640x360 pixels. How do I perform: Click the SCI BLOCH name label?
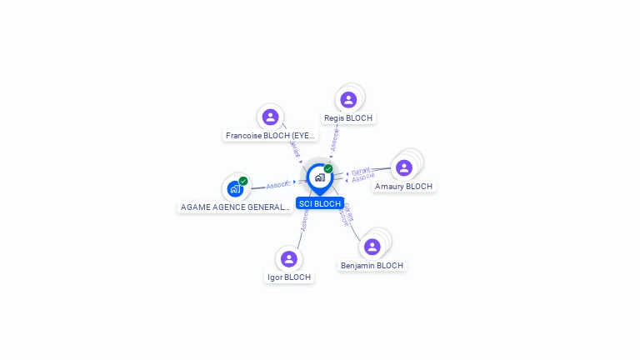(x=320, y=203)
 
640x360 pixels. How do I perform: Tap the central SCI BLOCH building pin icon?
(x=319, y=177)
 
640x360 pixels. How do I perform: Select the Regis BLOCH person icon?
(x=348, y=100)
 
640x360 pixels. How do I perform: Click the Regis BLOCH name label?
(x=348, y=118)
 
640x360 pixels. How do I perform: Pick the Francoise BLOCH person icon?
(x=269, y=117)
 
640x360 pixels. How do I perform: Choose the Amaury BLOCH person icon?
(x=404, y=167)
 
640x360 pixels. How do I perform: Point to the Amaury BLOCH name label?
(x=404, y=187)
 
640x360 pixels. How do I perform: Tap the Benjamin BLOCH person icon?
(x=372, y=247)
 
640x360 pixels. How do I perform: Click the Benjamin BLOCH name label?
(x=372, y=266)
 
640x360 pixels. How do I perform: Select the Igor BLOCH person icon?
(x=288, y=258)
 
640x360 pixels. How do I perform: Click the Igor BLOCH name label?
(x=290, y=277)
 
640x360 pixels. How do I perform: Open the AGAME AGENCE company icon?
(x=235, y=189)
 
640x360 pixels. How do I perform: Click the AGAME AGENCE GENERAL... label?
(x=235, y=207)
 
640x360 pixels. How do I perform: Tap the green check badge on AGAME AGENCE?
(x=243, y=181)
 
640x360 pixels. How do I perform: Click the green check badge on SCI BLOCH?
(x=328, y=168)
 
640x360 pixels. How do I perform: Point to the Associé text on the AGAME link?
(x=277, y=184)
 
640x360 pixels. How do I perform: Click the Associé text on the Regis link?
(x=334, y=140)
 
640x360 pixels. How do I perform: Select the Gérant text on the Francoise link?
(x=293, y=147)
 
